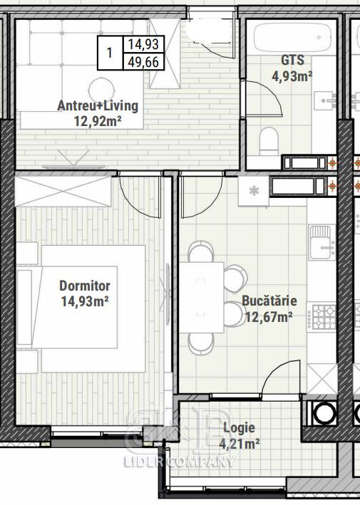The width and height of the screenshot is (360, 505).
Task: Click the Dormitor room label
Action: pyautogui.click(x=85, y=286)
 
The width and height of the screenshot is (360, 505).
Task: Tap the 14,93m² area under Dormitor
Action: pyautogui.click(x=84, y=302)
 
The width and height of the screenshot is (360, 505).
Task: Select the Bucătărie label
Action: pyautogui.click(x=269, y=301)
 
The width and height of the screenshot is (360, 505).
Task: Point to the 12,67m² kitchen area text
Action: pyautogui.click(x=269, y=317)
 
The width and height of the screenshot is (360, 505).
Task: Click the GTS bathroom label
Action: pyautogui.click(x=292, y=61)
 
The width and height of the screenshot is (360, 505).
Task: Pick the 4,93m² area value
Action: pyautogui.click(x=292, y=76)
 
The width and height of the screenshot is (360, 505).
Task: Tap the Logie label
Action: pyautogui.click(x=239, y=428)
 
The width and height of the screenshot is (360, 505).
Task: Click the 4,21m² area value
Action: pyautogui.click(x=240, y=444)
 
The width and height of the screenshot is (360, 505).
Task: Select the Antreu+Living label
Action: pyautogui.click(x=98, y=105)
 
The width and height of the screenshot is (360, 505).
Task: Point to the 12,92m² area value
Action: pyautogui.click(x=98, y=122)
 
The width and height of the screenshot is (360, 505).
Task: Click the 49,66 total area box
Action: pyautogui.click(x=144, y=62)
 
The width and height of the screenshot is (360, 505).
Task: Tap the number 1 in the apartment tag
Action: pyautogui.click(x=110, y=53)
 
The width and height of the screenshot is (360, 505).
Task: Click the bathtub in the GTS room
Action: pyautogui.click(x=292, y=37)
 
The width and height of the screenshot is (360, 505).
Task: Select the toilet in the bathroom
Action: pyautogui.click(x=269, y=140)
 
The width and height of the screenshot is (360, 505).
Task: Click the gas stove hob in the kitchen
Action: pyautogui.click(x=322, y=317)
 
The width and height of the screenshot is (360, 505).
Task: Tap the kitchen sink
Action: pyautogui.click(x=322, y=242)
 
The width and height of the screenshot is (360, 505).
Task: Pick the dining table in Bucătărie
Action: pyautogui.click(x=202, y=297)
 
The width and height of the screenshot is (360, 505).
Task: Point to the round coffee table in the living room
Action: pyautogui.click(x=101, y=90)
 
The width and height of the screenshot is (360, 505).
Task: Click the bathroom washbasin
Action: pyautogui.click(x=324, y=100)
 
